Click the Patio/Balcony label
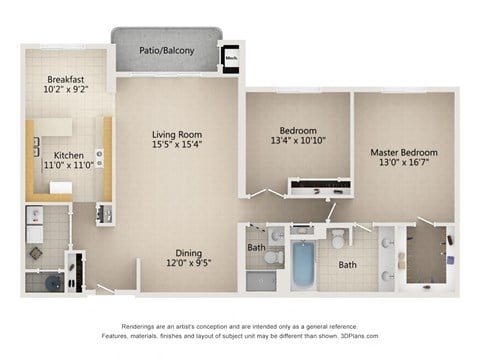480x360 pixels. click(x=166, y=51)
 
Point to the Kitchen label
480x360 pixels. click(x=68, y=155)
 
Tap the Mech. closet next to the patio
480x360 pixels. click(x=231, y=58)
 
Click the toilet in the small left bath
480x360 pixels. click(x=277, y=237)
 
